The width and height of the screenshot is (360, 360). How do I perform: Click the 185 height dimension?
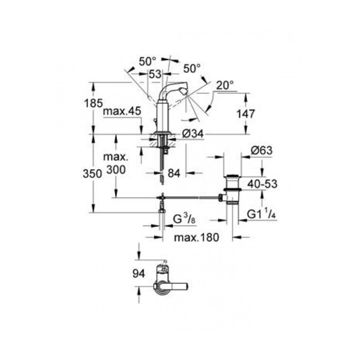(x=93, y=103)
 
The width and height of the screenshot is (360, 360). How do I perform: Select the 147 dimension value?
(x=246, y=114)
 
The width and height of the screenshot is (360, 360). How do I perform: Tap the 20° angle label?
(x=225, y=85)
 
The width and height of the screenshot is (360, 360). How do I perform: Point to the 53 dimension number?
(x=155, y=74)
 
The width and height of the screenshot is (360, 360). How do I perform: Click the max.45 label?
(x=122, y=111)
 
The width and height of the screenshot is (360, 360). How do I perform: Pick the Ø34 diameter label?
(x=193, y=133)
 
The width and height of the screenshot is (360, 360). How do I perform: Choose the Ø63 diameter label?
(x=262, y=150)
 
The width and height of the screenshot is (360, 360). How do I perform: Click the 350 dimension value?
(x=92, y=174)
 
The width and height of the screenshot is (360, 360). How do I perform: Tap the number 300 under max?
(x=116, y=170)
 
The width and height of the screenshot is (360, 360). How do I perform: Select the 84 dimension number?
(x=174, y=173)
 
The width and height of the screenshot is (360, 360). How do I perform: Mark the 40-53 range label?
(x=262, y=184)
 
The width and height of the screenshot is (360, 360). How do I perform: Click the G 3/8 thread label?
(x=184, y=219)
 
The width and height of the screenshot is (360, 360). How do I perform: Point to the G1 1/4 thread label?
(x=261, y=214)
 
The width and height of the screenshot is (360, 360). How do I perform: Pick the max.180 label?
(x=196, y=237)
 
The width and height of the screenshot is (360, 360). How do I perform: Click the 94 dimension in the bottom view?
(x=139, y=274)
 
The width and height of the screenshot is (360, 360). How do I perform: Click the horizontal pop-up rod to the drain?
(x=191, y=197)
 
